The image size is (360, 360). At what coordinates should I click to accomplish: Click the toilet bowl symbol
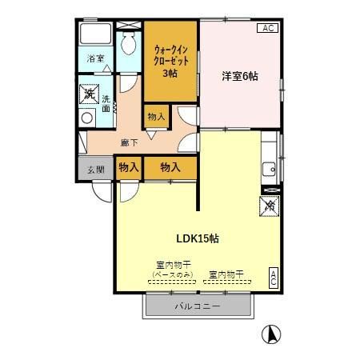128,43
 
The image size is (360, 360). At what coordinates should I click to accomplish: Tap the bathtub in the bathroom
95,34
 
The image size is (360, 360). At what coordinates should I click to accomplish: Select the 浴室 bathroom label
95,58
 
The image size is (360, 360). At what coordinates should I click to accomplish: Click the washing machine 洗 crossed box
90,94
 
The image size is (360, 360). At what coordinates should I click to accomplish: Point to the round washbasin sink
87,118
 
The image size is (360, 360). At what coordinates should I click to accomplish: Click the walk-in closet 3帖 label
171,62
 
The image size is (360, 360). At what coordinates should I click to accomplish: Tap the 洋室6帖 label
240,77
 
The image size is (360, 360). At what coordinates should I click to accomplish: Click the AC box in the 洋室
268,28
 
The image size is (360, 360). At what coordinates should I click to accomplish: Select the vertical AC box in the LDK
274,278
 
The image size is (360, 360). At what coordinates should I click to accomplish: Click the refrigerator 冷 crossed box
270,206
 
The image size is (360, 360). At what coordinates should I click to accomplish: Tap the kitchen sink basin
269,169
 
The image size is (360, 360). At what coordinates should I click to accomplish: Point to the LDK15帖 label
198,238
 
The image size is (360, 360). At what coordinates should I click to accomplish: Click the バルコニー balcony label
198,306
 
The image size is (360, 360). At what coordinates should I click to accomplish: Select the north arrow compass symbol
271,334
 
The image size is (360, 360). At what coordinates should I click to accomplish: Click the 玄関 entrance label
96,170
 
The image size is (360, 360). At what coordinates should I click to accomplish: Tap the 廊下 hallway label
129,143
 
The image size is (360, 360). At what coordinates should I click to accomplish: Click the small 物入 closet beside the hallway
156,117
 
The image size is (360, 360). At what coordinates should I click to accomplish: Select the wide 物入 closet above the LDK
170,167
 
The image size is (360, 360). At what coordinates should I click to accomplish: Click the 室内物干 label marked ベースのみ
173,270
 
